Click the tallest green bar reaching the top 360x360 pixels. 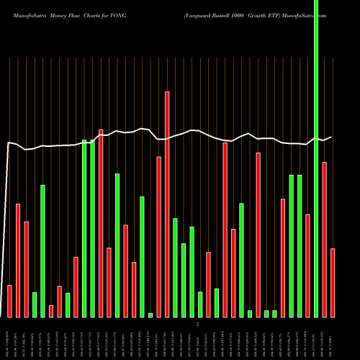(x=316, y=158)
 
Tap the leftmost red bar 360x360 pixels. (x=9, y=301)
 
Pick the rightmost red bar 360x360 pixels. (x=333, y=282)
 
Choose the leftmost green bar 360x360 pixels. (x=35, y=305)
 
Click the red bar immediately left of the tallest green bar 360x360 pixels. (x=307, y=266)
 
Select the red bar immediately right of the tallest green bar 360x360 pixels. (x=325, y=239)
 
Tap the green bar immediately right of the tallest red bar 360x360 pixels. (x=175, y=267)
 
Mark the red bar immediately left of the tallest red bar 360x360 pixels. (x=158, y=237)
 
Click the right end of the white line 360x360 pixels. (x=332, y=137)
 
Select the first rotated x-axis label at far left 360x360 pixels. (x=9, y=339)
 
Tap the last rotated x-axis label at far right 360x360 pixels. (x=333, y=339)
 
